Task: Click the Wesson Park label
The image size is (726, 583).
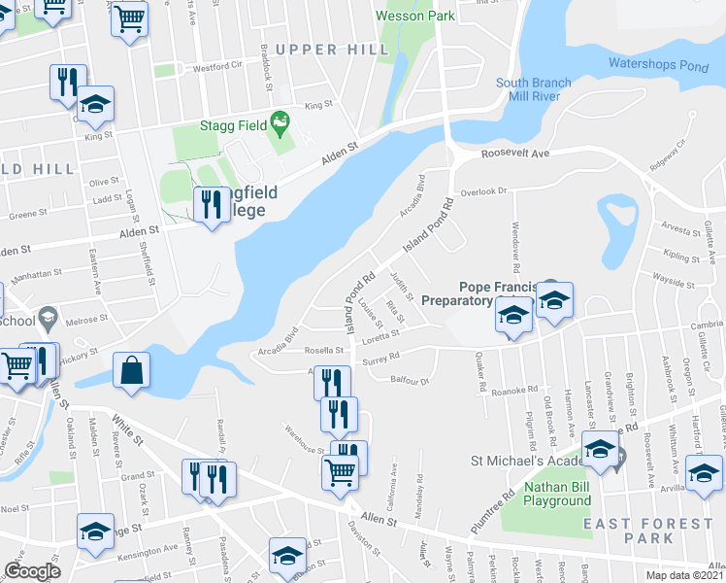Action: (415, 17)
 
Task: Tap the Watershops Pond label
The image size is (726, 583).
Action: (658, 64)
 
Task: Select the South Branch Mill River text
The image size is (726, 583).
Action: (533, 90)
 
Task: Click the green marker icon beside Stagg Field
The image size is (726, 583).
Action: (280, 121)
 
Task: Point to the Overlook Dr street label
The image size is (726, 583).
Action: (484, 191)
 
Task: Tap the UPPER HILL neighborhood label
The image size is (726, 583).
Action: (319, 50)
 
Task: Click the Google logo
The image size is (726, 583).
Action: (32, 571)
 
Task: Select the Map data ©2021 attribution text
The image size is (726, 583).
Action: (684, 575)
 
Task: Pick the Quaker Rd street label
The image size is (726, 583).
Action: (480, 379)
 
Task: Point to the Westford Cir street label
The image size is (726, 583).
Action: (215, 68)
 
